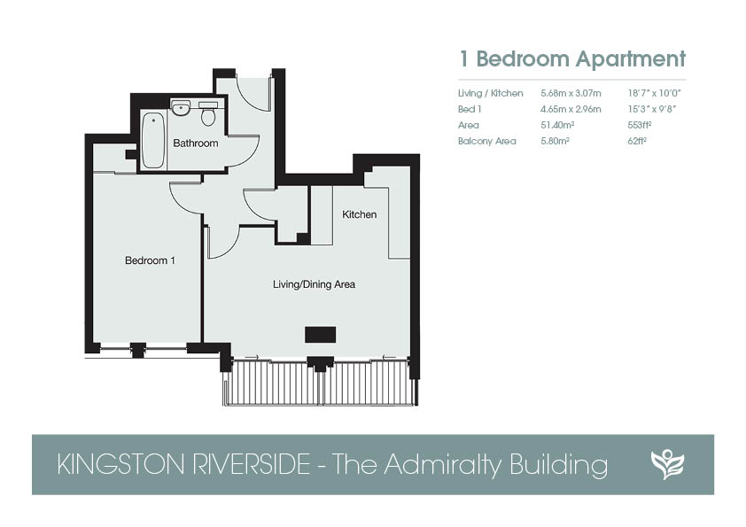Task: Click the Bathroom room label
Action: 196,143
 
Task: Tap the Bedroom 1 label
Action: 150,260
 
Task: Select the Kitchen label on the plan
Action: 359,214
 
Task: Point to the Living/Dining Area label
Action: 314,284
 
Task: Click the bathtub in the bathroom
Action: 153,140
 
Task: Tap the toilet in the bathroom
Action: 208,113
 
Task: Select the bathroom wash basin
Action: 181,108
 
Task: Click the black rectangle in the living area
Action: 320,335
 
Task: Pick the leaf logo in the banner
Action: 667,464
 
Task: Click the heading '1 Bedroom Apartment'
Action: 571,59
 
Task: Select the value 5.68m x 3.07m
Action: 571,93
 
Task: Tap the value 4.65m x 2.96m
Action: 571,110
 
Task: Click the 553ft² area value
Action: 640,125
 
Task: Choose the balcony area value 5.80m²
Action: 556,141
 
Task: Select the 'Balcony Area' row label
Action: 486,141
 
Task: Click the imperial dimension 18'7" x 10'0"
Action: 655,93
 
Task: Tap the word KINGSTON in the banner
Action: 120,464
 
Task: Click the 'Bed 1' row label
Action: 470,110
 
